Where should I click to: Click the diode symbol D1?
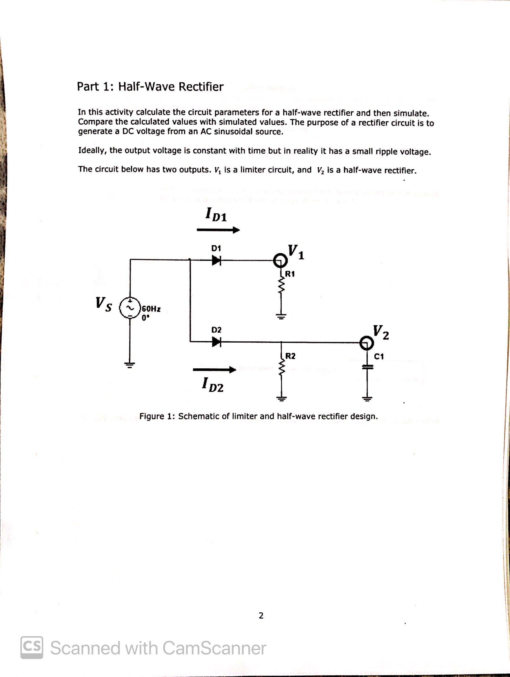216,261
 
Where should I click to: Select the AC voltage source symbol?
130,309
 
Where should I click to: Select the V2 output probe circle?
366,343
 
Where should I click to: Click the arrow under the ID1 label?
218,230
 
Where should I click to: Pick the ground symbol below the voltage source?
130,365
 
